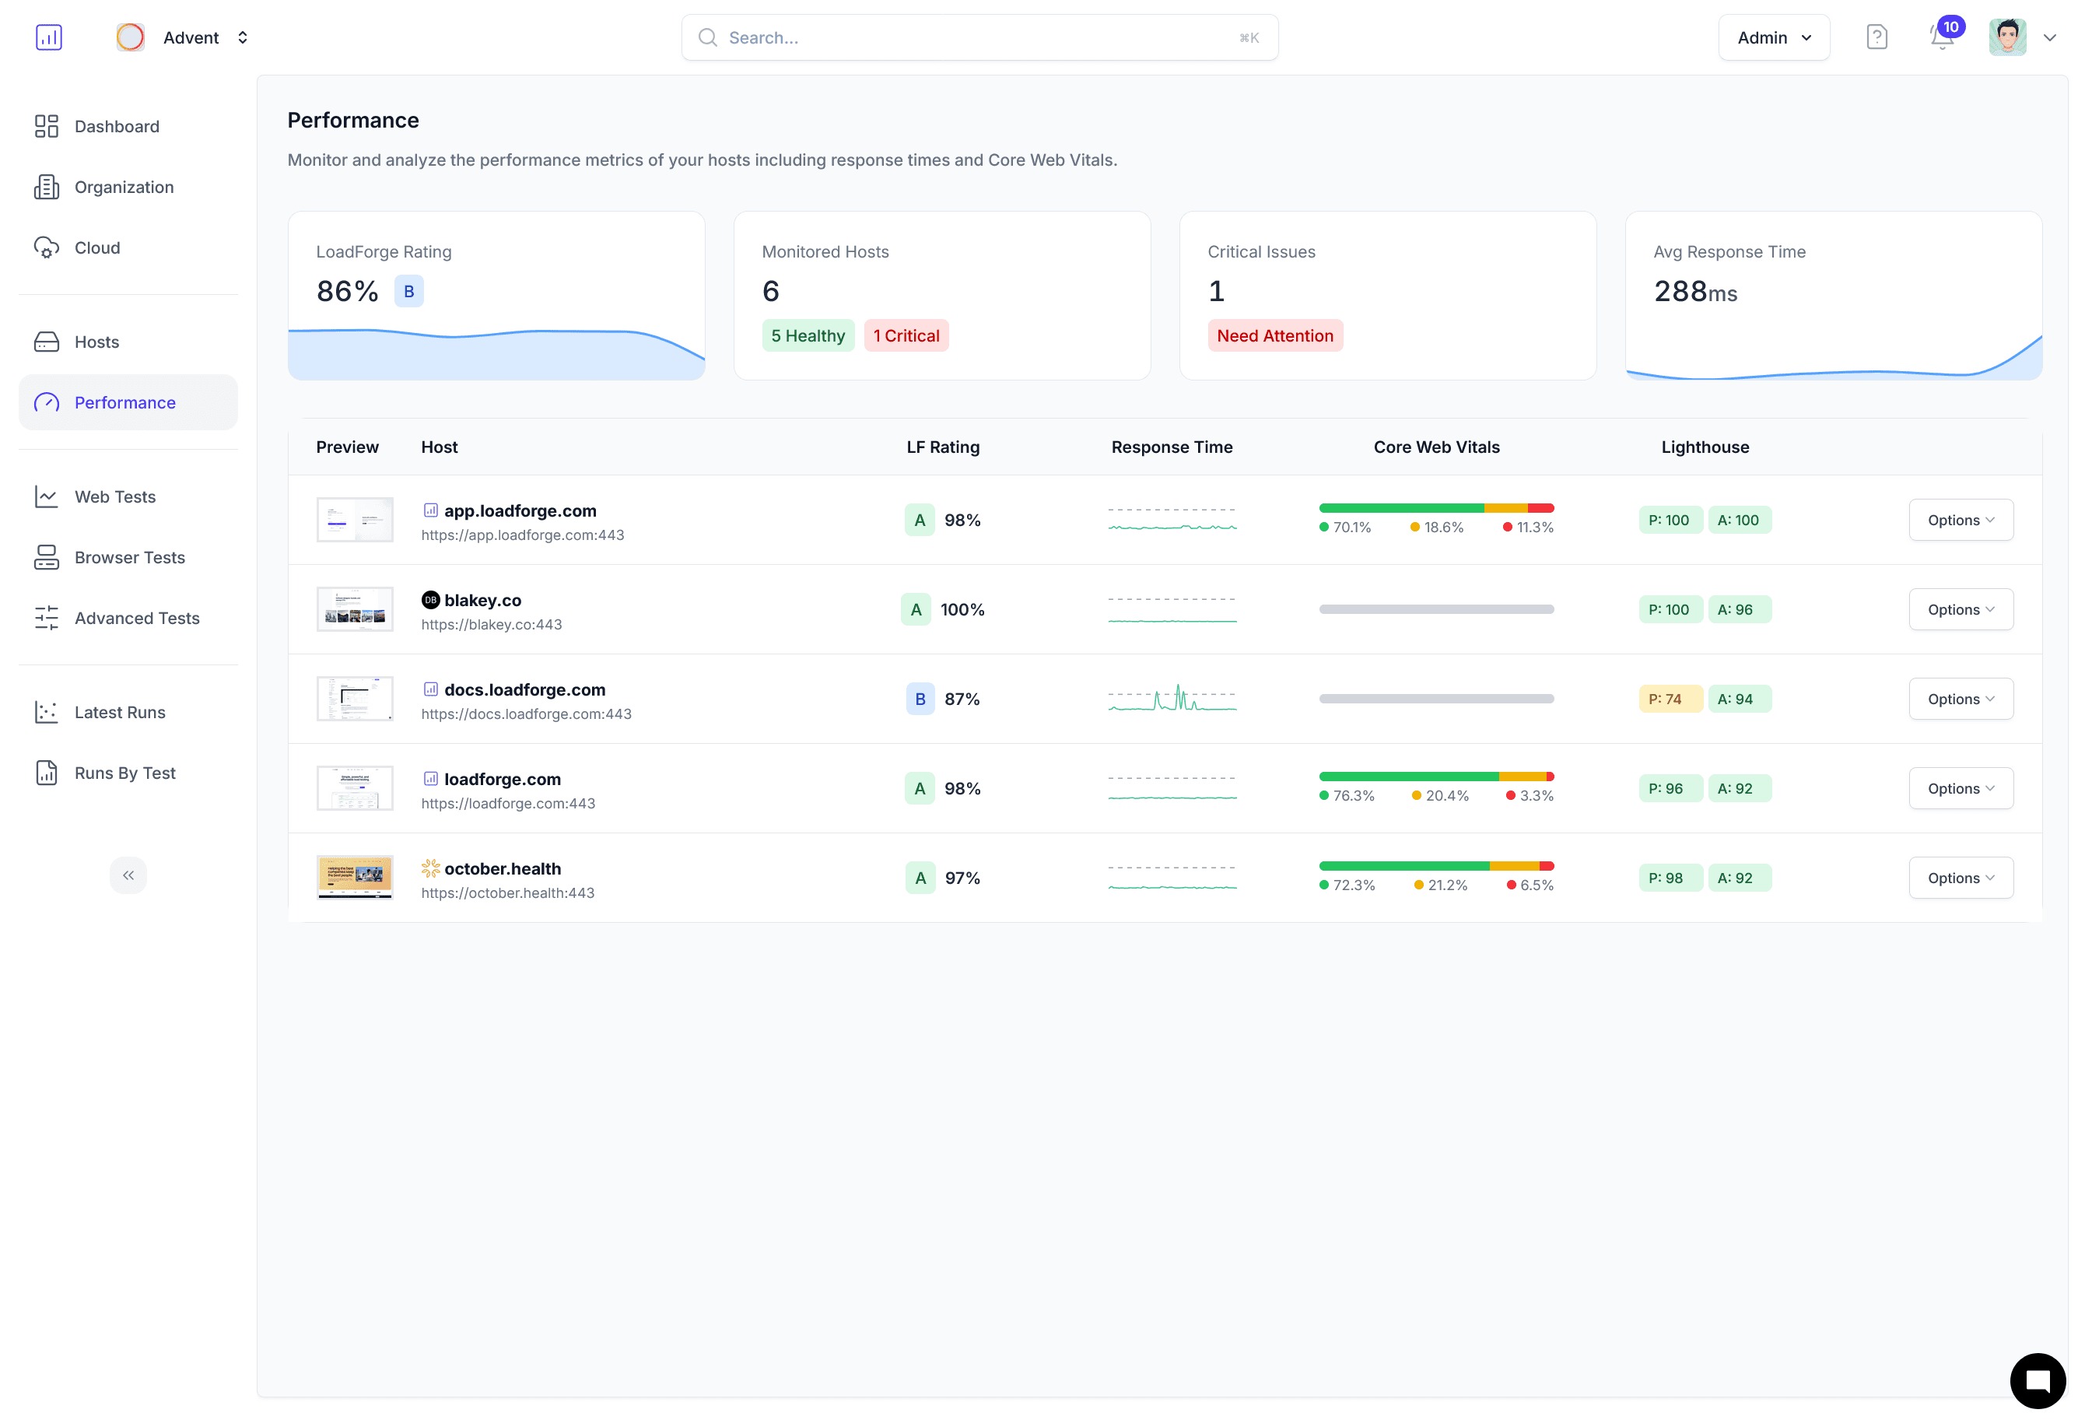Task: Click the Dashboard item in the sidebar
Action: [116, 126]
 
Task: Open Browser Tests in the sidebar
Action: [129, 557]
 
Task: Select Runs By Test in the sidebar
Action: [124, 773]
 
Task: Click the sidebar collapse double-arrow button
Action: [128, 875]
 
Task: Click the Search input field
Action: [979, 37]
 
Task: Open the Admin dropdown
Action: [1773, 37]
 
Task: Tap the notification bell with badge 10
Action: [1941, 37]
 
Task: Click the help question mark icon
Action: [1876, 37]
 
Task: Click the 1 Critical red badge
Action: [906, 335]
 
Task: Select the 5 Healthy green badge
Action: [808, 335]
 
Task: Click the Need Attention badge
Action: [1274, 335]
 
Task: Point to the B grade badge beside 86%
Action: [408, 292]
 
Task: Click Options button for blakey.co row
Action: [1960, 609]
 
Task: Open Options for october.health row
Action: [1960, 877]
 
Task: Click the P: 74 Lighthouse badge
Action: [1669, 699]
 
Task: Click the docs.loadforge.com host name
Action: [525, 689]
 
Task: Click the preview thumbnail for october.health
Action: [355, 877]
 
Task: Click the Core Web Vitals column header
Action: [1436, 447]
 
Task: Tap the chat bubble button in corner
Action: [2037, 1380]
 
